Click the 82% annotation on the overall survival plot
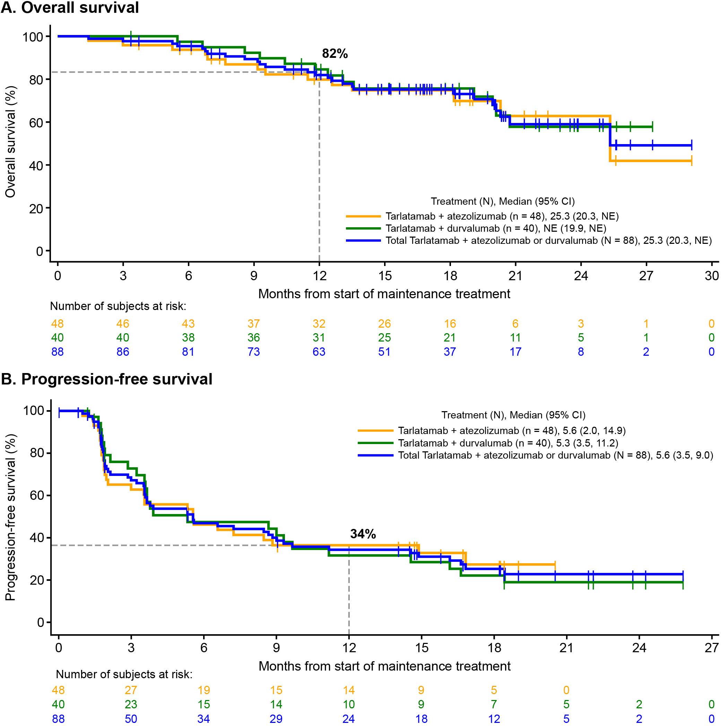(335, 54)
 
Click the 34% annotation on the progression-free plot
(363, 534)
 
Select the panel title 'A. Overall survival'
(70, 8)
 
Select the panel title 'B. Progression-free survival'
(107, 379)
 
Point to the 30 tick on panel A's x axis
(712, 276)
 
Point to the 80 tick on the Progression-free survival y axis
(37, 453)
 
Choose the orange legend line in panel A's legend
(363, 216)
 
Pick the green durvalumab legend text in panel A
(496, 228)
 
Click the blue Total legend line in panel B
(376, 455)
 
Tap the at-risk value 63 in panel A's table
(319, 352)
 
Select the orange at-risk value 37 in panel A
(254, 324)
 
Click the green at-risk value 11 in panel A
(515, 337)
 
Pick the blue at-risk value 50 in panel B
(131, 719)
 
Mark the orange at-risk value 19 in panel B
(203, 690)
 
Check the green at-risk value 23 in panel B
(131, 705)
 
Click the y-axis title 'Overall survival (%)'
(10, 142)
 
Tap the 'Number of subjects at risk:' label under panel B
(124, 674)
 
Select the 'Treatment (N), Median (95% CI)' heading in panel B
(513, 415)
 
